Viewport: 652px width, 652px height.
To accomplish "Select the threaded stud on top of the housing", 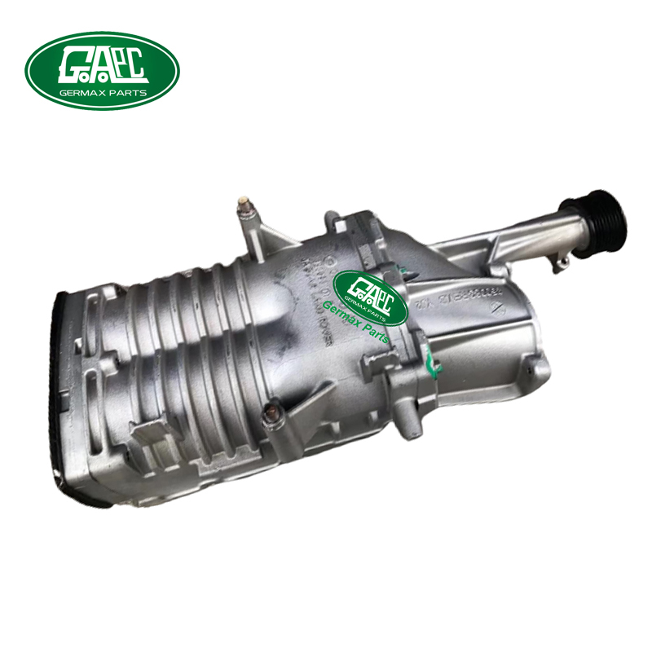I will coord(243,207).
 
